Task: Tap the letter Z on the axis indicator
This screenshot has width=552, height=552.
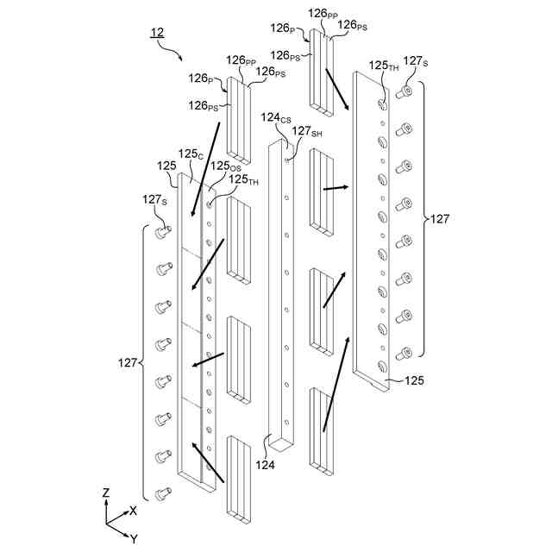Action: coord(105,492)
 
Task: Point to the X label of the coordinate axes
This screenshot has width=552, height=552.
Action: coord(133,511)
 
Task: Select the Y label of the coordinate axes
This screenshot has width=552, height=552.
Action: coord(134,537)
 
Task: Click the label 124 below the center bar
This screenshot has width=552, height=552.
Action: coord(266,465)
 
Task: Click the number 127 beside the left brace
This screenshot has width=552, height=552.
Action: coord(128,362)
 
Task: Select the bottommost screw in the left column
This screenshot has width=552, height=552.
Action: coord(161,494)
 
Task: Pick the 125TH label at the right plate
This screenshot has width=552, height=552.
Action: coord(383,65)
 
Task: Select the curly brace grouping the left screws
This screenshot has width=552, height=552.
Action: coord(143,362)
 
